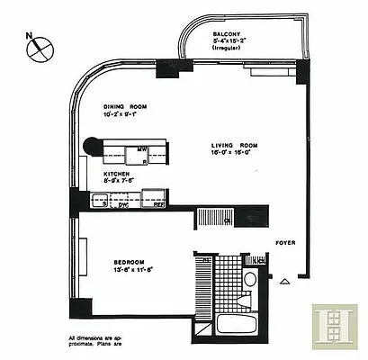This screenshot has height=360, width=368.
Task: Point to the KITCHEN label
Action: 118,173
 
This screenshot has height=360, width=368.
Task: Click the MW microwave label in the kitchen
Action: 142,149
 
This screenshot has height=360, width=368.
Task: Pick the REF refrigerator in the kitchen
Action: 158,204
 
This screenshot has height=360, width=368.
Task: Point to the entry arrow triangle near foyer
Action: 285,280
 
